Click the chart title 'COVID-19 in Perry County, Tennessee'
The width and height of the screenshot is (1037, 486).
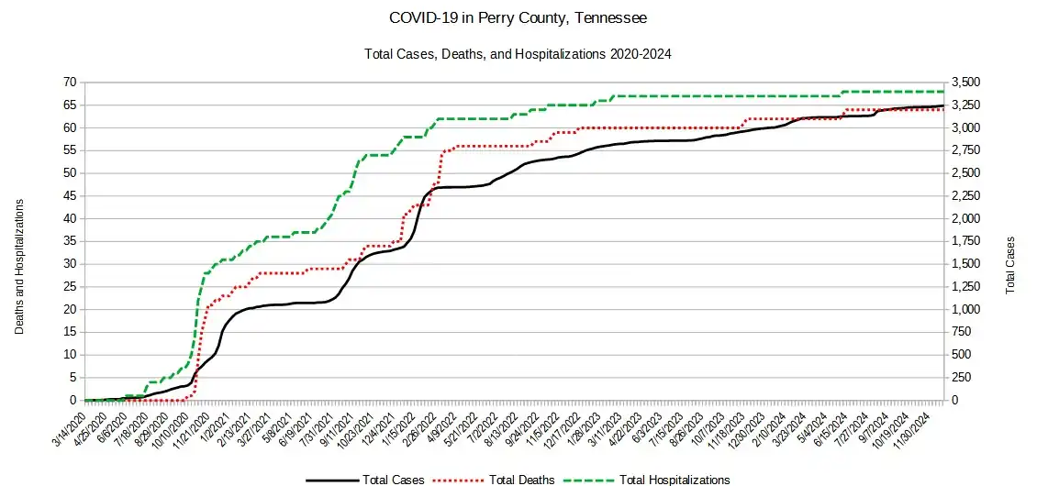click(518, 18)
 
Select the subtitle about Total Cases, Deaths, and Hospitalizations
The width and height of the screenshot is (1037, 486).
click(518, 54)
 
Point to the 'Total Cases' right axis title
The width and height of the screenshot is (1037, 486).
click(1010, 265)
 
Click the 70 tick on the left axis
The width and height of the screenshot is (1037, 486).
click(68, 83)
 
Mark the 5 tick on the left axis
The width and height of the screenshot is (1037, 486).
click(71, 378)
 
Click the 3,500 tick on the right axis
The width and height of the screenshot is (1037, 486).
click(969, 83)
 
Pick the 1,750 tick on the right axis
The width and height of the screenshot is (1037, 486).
click(969, 241)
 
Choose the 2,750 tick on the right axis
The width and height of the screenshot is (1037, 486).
click(969, 150)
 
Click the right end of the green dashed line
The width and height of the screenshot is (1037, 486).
click(944, 92)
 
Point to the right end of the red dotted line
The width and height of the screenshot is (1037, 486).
click(944, 110)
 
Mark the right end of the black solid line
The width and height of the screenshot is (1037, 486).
click(944, 106)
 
